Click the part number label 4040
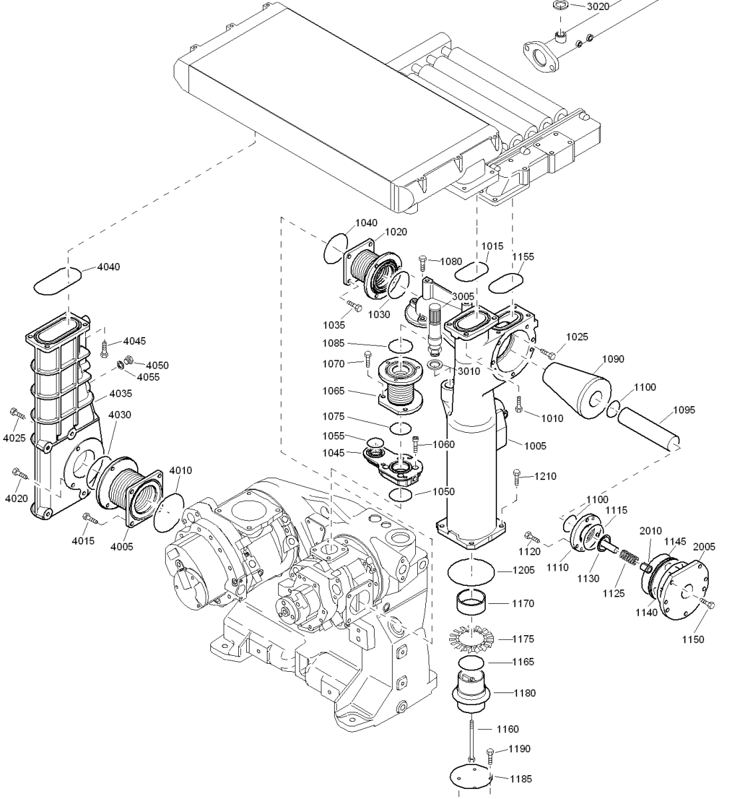pos(108,267)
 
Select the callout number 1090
pos(613,359)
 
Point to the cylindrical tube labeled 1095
pos(649,430)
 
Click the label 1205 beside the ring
pos(523,570)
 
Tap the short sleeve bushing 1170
pos(471,602)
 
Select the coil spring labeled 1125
pos(630,557)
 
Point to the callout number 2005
pos(704,547)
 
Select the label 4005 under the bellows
pos(122,547)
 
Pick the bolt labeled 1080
pos(423,264)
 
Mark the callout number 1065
pos(333,391)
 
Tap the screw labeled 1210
pos(518,477)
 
